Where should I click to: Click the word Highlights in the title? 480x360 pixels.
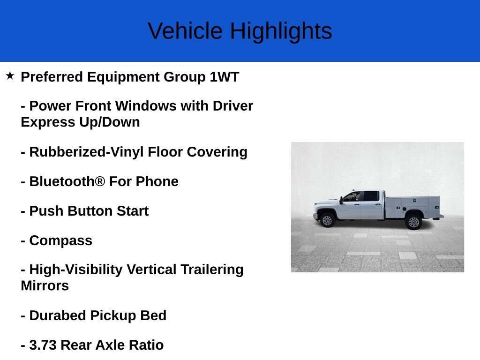click(281, 31)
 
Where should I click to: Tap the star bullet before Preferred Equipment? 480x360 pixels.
click(10, 75)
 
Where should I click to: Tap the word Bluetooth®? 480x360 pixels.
click(67, 181)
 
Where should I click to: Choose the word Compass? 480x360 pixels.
click(60, 240)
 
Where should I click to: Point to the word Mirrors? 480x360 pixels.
click(45, 285)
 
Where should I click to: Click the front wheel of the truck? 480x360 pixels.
click(327, 220)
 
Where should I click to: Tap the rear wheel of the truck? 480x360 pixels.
click(413, 221)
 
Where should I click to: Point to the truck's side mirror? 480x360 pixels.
click(341, 200)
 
